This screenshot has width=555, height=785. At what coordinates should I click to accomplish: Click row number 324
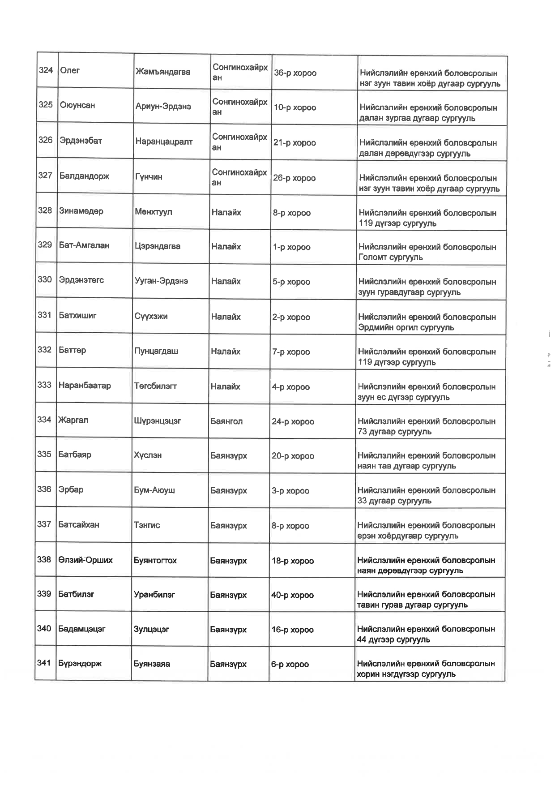pos(46,70)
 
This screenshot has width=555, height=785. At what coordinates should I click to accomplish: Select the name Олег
pos(70,70)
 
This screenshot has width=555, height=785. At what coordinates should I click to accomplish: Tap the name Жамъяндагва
pos(163,72)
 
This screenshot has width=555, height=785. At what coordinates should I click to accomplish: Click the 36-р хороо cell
pos(295,73)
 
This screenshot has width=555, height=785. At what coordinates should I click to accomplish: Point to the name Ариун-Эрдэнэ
pos(163,107)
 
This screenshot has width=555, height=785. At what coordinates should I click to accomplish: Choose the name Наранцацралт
pos(164,142)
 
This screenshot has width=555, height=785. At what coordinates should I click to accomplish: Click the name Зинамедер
pos(81,210)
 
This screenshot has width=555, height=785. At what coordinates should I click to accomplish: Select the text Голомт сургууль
pos(391,257)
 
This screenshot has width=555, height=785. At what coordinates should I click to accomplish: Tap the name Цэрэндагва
pos(158,246)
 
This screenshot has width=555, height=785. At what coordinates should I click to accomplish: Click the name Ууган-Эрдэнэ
pos(161,281)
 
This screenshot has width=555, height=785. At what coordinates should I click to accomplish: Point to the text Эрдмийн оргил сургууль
pos(406,327)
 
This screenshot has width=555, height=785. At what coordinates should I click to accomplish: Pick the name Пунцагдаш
pos(156,351)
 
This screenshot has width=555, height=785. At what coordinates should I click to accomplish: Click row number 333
pos(44,385)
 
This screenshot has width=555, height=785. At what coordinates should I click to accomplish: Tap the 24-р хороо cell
pos(293,421)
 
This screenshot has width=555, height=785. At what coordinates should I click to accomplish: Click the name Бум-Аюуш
pos(154,490)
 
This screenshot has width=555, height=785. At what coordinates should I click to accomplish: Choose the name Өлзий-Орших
pos(85,560)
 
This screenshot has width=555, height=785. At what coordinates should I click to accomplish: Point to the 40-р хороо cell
pos(292,595)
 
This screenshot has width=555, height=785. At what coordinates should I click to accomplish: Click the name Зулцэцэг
pos(152,629)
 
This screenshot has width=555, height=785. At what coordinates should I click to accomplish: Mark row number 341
pos(44,663)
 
